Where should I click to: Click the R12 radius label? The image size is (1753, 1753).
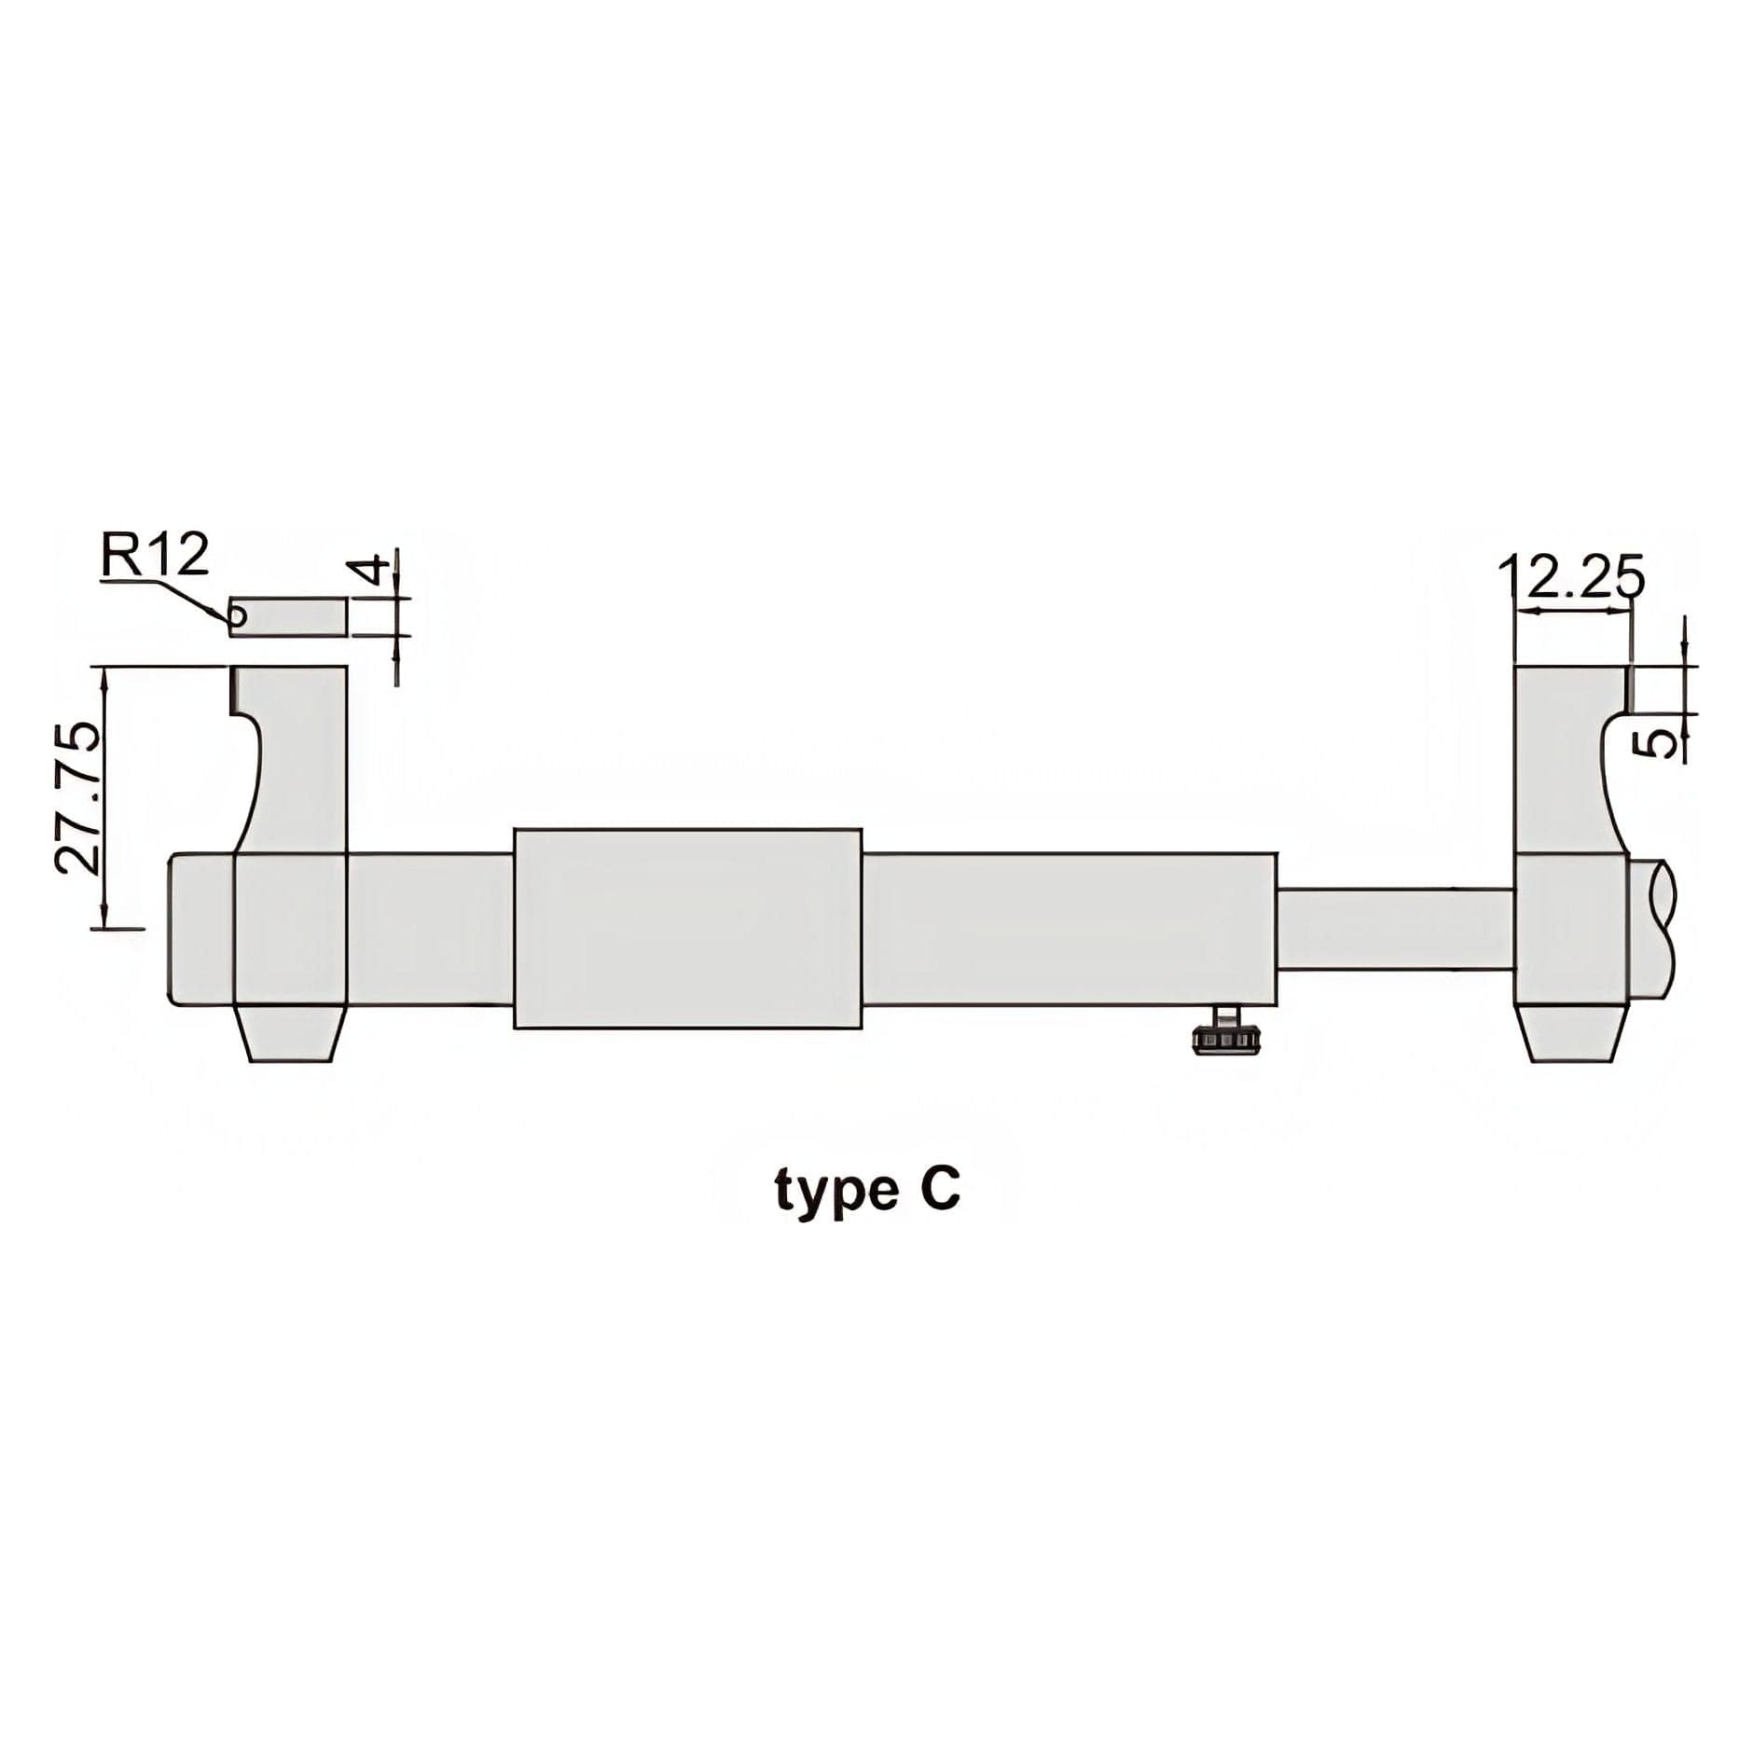tap(155, 558)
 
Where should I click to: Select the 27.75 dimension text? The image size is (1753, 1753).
tap(76, 797)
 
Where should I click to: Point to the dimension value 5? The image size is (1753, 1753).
tap(1656, 742)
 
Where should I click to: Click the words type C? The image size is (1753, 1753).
tap(866, 1191)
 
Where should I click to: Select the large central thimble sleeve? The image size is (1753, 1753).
tap(687, 928)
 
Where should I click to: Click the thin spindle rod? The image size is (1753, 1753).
tap(1395, 929)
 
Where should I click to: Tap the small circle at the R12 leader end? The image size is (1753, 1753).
tap(238, 615)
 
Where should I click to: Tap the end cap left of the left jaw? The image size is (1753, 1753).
tap(200, 929)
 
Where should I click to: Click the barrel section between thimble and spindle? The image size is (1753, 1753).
tap(1069, 929)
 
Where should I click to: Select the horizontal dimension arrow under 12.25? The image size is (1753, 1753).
tap(1573, 611)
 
